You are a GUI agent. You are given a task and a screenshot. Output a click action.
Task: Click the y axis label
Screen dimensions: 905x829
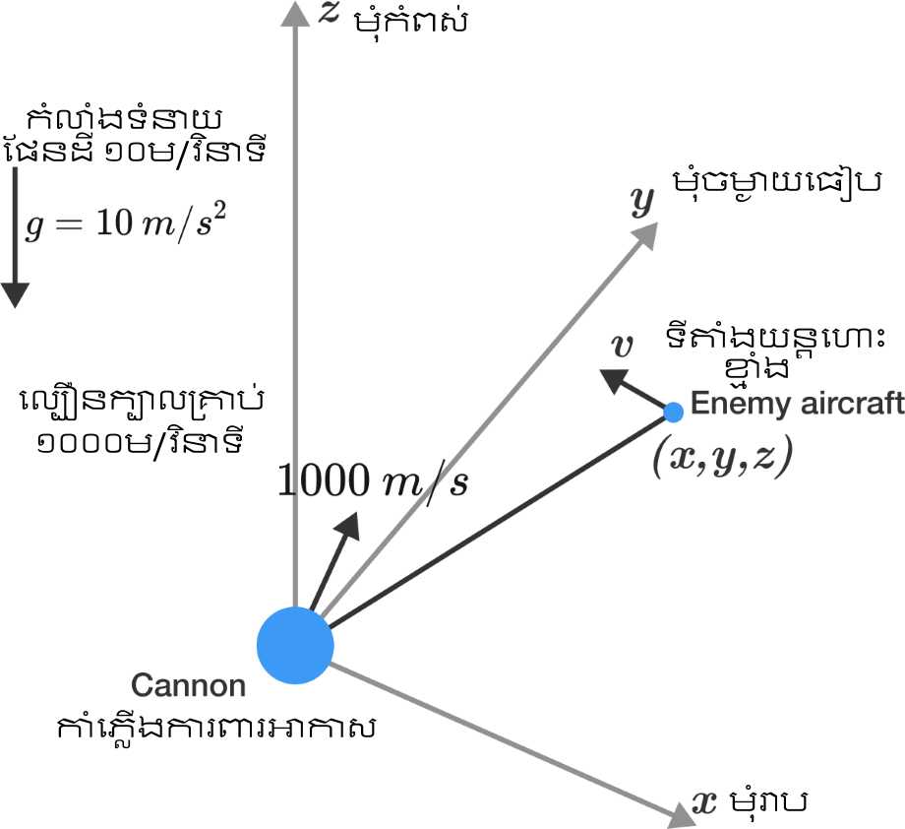(642, 202)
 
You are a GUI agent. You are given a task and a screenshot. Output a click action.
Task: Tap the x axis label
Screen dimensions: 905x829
(704, 803)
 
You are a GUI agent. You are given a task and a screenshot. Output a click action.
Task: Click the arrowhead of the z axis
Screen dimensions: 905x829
(295, 13)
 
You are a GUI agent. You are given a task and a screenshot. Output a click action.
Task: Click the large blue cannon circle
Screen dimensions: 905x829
(295, 646)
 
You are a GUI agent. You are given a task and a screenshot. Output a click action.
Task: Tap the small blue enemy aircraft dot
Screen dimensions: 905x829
(674, 411)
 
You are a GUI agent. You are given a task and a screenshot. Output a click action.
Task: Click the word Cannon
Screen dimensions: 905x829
(188, 685)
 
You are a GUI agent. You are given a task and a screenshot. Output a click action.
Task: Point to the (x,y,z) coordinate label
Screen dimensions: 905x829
(722, 459)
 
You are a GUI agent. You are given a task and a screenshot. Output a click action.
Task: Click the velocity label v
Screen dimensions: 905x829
(621, 346)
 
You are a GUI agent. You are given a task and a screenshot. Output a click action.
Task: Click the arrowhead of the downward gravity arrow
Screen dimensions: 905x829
(16, 294)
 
